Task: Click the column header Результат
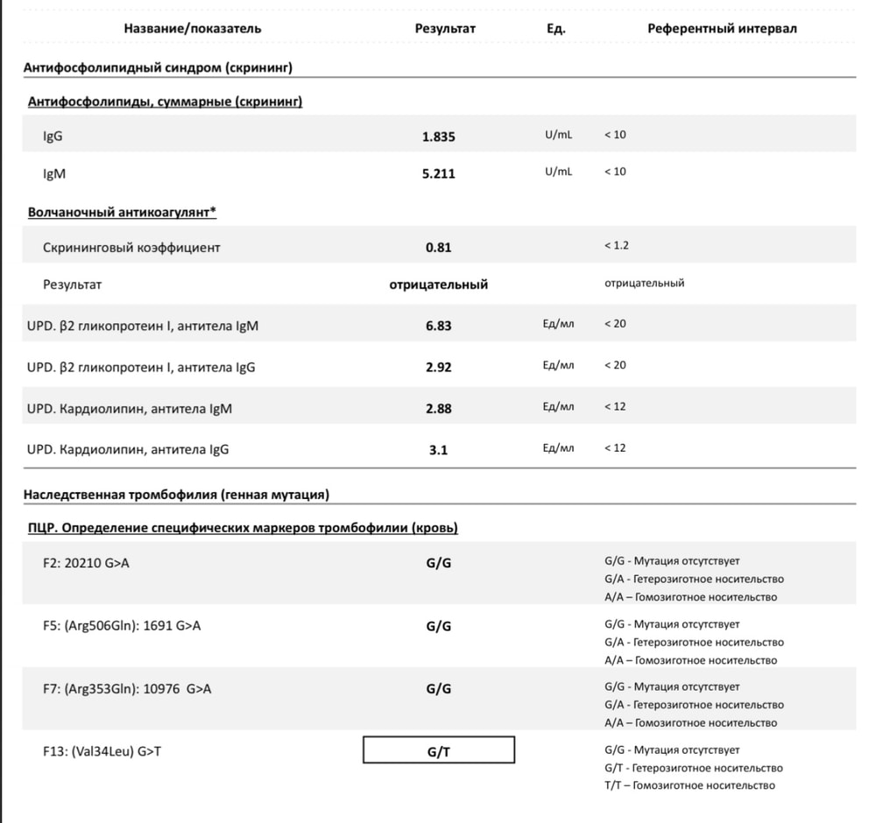coord(445,28)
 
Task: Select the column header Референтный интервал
coord(722,28)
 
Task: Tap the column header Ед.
coord(555,28)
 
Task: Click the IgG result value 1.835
coord(439,137)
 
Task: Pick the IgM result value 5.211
coord(439,173)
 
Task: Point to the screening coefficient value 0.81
coord(439,248)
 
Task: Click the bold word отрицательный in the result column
coord(439,285)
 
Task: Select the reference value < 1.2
coord(617,246)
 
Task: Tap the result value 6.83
coord(439,326)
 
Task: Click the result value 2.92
coord(439,367)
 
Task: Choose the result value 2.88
coord(439,409)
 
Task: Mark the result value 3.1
coord(439,450)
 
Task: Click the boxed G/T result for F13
coord(439,751)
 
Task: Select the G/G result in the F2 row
coord(439,563)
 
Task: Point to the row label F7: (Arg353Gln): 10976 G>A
coord(126,688)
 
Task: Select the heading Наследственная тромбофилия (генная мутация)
coord(176,495)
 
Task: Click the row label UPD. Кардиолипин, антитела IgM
coord(130,409)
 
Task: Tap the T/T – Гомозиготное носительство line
coord(689,785)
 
